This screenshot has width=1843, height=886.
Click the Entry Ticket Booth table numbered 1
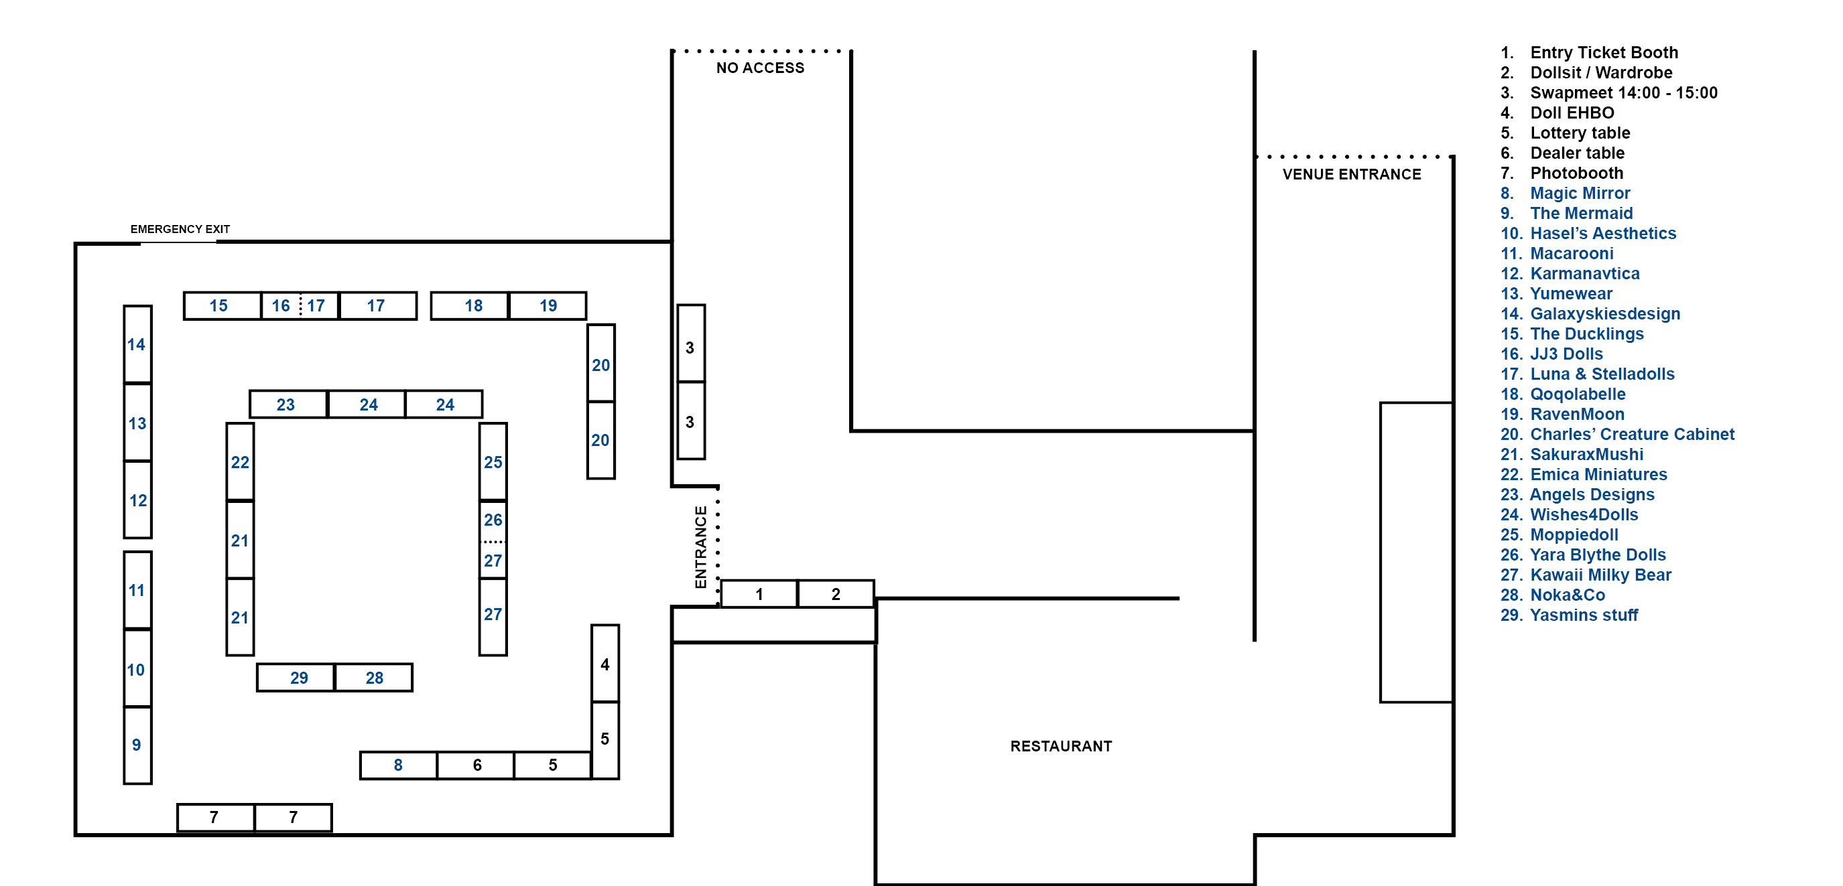tap(759, 593)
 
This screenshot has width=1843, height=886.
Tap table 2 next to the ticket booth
tap(836, 593)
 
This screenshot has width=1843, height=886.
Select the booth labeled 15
tap(223, 305)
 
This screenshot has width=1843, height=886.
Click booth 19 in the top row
tap(548, 305)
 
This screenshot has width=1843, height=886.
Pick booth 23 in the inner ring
tap(288, 404)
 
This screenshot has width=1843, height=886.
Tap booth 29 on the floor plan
tap(296, 677)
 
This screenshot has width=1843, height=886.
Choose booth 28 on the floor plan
tap(373, 677)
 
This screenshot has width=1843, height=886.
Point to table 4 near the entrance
tap(605, 663)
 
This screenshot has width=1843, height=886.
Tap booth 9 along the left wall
tap(137, 745)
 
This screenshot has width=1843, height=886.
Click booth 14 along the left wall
tap(137, 344)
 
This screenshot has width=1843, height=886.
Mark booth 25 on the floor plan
tap(493, 461)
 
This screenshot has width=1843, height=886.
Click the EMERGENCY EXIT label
tap(180, 229)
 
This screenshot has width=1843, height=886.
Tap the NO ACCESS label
tap(761, 68)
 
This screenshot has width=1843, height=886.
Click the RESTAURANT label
tap(1061, 746)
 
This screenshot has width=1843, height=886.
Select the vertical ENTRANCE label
tap(701, 547)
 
